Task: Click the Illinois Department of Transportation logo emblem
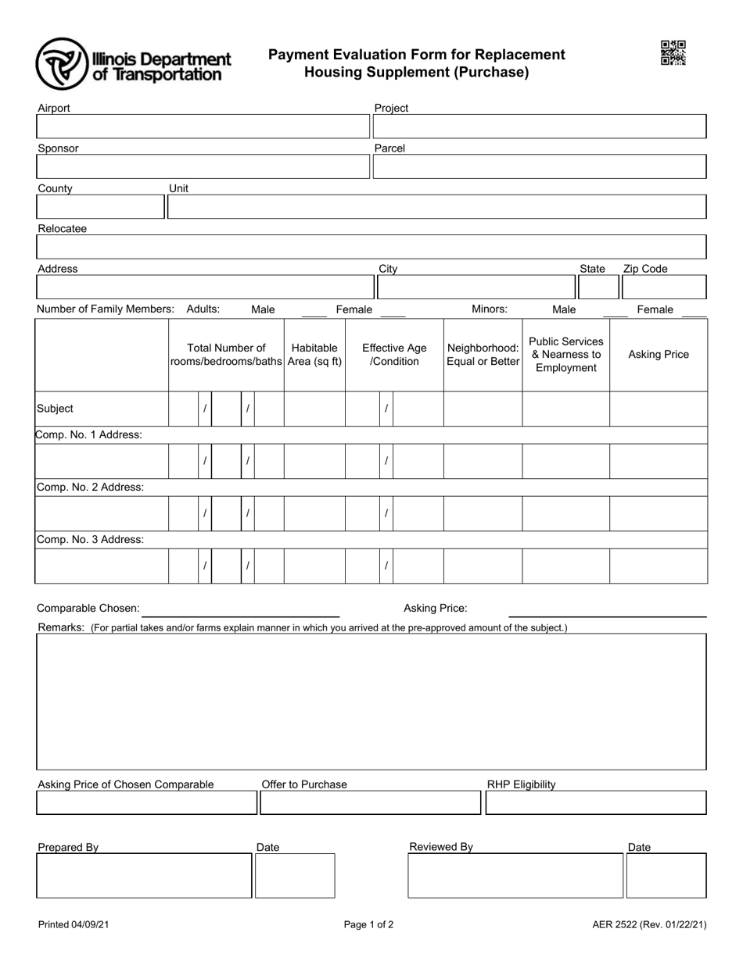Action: pos(62,64)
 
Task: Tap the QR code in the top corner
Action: pos(673,53)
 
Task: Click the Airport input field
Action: pos(203,127)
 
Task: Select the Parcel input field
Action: pos(540,166)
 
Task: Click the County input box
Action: pos(100,207)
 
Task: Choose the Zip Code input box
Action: pos(663,288)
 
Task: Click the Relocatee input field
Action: pos(371,247)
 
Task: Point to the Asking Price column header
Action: pos(659,355)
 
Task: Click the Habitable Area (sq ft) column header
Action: pos(314,355)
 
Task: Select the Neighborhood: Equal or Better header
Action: pos(483,355)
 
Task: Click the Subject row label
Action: pos(56,409)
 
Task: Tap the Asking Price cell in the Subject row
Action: pos(659,409)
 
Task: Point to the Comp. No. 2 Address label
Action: pos(90,487)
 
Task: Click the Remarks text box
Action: pos(371,702)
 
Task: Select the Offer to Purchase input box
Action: pos(370,803)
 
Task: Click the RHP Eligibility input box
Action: pos(596,803)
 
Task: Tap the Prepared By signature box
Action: pos(144,876)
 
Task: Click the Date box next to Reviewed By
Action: pos(666,876)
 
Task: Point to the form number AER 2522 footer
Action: pos(649,925)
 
